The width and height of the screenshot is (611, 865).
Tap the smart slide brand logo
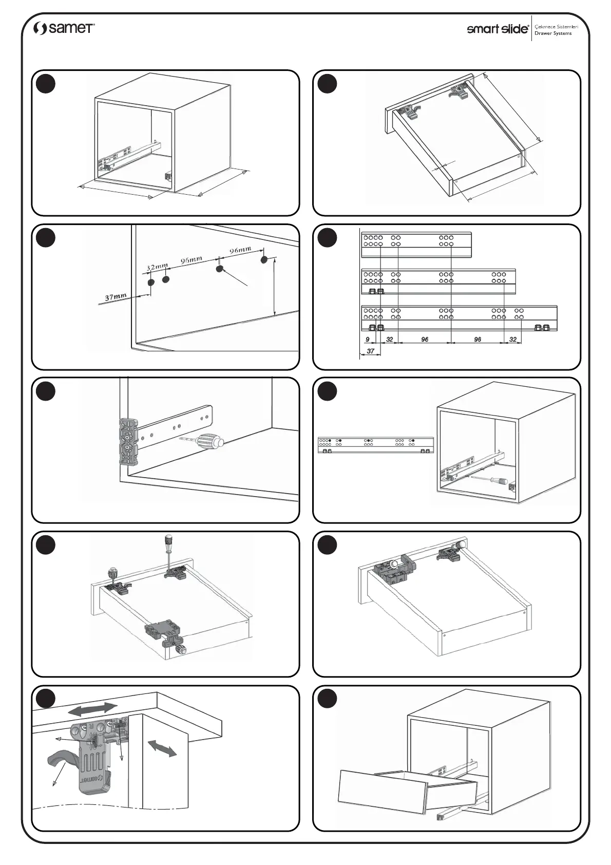[x=497, y=29]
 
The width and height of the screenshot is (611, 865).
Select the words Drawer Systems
[x=553, y=33]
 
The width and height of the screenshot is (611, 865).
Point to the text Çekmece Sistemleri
[x=557, y=26]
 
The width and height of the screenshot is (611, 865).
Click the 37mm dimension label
[x=116, y=297]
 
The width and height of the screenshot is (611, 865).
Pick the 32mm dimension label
[x=157, y=267]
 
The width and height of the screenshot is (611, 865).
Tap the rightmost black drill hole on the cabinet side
[x=264, y=259]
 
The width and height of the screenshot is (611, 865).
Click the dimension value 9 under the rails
[x=368, y=340]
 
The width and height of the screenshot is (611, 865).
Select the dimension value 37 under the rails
[x=371, y=351]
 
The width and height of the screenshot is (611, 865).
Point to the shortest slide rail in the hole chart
[x=416, y=245]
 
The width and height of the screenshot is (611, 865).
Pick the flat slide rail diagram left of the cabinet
[x=376, y=445]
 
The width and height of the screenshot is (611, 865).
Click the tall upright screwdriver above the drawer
[x=167, y=553]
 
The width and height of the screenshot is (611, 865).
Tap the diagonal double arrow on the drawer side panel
[x=162, y=748]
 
